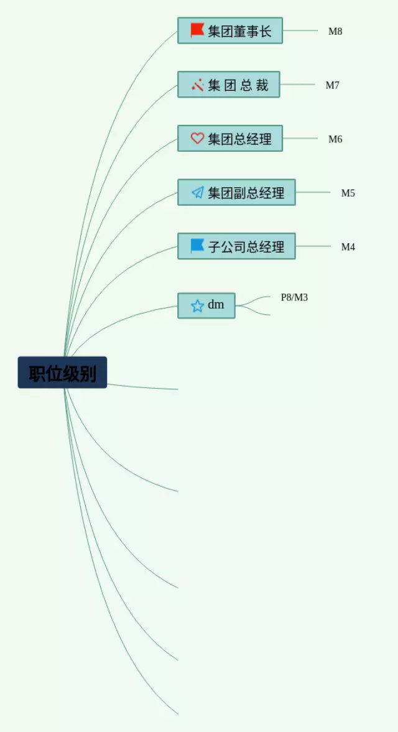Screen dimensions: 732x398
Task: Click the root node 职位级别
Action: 62,373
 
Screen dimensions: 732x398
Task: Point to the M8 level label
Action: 335,31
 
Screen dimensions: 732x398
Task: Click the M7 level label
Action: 333,85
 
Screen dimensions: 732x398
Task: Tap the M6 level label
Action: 335,139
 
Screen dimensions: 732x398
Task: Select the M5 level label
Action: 348,193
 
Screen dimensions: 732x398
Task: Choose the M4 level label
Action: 348,247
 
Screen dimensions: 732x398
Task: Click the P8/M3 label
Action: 294,297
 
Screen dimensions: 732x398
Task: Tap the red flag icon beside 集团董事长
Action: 197,30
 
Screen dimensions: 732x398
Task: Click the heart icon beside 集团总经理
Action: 197,139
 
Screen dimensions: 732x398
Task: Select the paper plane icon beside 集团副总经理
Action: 197,193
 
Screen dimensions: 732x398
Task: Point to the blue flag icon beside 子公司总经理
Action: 197,246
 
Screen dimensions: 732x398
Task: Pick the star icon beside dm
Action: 197,306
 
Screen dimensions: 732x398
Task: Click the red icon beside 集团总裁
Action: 198,85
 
